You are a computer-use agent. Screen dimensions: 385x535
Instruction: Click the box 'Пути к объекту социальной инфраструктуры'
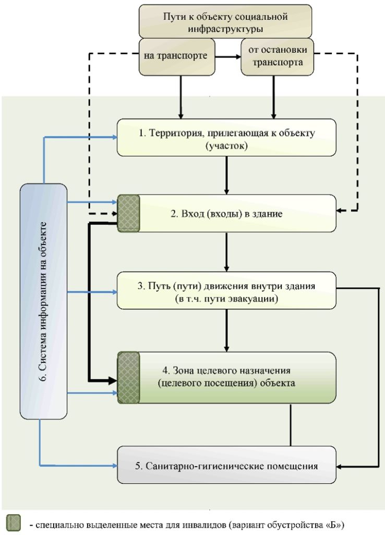225,21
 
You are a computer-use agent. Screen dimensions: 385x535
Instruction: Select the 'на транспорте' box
177,56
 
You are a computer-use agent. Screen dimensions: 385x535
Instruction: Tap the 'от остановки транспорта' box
277,56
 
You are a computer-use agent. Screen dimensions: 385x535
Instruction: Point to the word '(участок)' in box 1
226,146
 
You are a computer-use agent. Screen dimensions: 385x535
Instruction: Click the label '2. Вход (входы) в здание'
226,214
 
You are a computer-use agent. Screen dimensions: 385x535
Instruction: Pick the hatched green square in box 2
128,214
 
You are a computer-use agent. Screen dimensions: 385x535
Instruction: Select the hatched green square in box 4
128,378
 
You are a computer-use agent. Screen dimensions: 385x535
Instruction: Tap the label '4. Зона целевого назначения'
226,370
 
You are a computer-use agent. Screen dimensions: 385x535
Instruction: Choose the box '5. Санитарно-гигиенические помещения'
226,464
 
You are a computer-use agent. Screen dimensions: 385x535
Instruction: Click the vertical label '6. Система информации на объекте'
44,301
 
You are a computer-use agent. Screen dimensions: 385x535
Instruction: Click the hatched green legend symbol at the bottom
13,523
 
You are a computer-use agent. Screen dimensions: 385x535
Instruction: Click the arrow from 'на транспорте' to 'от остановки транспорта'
228,56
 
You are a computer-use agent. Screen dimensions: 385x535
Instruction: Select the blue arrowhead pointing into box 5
114,465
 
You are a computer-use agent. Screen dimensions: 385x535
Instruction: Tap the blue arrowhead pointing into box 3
114,292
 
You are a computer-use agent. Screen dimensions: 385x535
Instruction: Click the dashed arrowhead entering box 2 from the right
340,211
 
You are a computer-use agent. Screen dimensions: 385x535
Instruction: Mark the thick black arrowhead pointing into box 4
113,380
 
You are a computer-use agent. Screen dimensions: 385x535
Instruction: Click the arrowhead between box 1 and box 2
226,192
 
